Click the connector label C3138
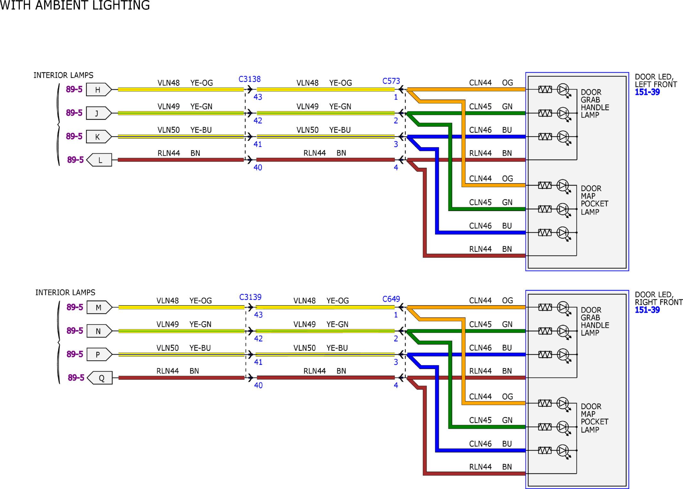[249, 79]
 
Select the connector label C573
[391, 81]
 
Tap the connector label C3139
[250, 297]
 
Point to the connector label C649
[391, 299]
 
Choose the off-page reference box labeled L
[99, 160]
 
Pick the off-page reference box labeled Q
[100, 378]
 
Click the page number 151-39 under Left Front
[647, 92]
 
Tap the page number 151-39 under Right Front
[647, 310]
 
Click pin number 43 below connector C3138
[258, 97]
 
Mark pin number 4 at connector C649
[396, 385]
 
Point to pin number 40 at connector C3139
[258, 385]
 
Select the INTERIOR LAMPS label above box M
[65, 293]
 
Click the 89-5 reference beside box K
[74, 136]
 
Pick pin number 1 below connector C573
[396, 97]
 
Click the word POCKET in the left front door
[594, 204]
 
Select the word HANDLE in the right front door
[595, 325]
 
